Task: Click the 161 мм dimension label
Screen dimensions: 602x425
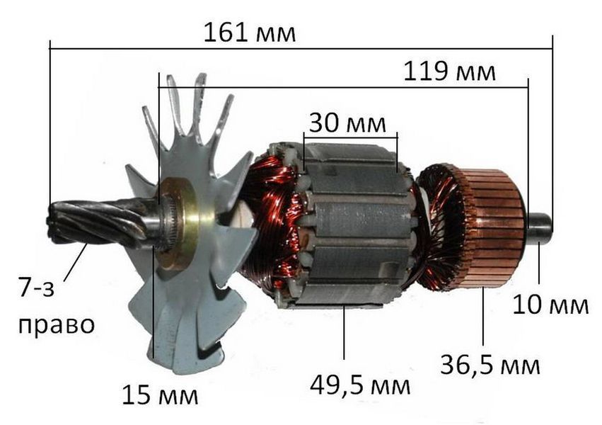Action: pyautogui.click(x=250, y=33)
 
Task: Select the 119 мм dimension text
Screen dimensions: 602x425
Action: pyautogui.click(x=450, y=71)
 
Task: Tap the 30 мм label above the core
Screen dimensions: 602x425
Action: pyautogui.click(x=347, y=123)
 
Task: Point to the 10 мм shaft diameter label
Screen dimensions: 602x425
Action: pyautogui.click(x=550, y=305)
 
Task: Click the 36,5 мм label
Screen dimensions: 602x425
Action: pyautogui.click(x=490, y=365)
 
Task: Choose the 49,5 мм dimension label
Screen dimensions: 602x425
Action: pyautogui.click(x=360, y=385)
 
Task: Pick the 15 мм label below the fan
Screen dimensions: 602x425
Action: pyautogui.click(x=160, y=395)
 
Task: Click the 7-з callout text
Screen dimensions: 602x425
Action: pyautogui.click(x=37, y=288)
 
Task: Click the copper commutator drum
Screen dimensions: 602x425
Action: pyautogui.click(x=493, y=227)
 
